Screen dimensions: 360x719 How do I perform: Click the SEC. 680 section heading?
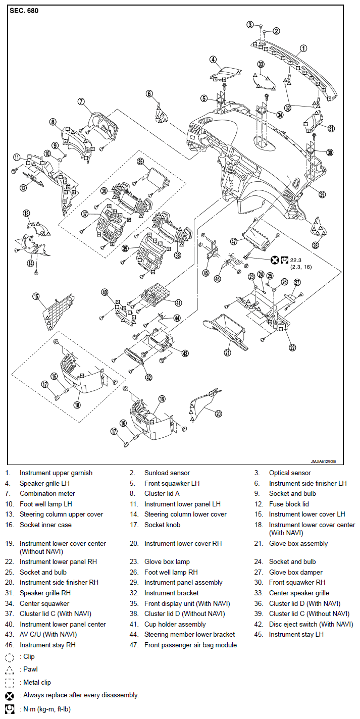coord(24,11)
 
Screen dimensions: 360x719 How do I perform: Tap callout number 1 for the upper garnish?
coord(303,48)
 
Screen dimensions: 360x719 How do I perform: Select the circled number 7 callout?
coord(81,102)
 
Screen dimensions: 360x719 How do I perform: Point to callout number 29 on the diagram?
coord(322,194)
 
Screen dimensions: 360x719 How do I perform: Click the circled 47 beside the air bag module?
coord(234,241)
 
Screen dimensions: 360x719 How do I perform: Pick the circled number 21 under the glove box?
coord(227,352)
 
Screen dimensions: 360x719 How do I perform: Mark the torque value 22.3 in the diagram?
coord(295,261)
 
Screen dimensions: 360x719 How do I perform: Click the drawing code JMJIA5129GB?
coord(323,461)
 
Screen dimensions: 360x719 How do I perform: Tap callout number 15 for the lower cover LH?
coord(36,296)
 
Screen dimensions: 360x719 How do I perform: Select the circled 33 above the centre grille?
coord(261,64)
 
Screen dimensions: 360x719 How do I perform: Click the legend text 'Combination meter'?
coord(47,493)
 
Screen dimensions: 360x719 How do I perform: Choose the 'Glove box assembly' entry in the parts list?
coord(298,543)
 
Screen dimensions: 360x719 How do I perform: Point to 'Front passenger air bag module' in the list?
coord(190,645)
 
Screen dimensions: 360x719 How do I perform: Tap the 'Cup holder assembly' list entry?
coord(175,624)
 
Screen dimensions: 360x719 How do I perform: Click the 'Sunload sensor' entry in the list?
coord(167,473)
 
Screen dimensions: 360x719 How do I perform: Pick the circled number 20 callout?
coord(218,414)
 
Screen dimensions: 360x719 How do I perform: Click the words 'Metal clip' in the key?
coord(37,683)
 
